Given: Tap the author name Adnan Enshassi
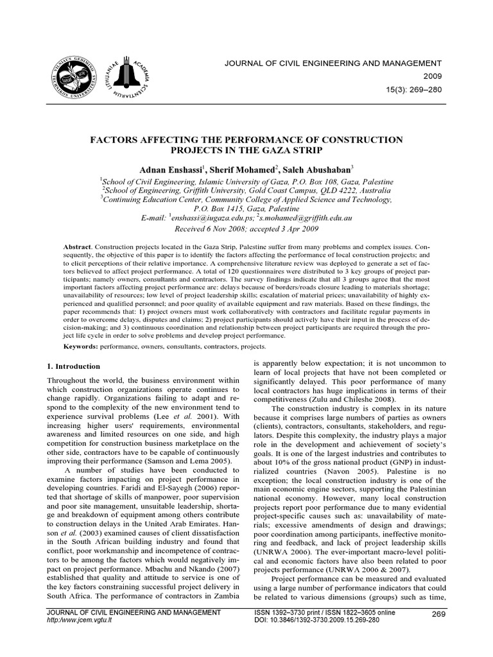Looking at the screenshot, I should click(169, 169).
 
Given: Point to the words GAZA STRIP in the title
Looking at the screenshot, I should click(290, 150).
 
